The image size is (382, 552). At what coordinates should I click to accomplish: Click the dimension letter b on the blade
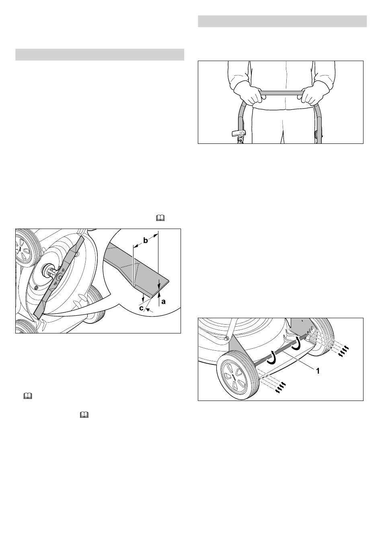pos(146,241)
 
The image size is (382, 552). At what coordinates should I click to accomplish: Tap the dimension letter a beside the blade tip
pos(163,301)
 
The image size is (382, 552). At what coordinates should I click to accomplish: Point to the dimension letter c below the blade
pos(141,308)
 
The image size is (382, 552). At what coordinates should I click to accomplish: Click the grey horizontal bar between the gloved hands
pos(281,92)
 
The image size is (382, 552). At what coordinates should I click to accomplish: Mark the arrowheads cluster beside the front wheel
pos(280,387)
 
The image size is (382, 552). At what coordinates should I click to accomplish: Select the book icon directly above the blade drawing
pos(160,218)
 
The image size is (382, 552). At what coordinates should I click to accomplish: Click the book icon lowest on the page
pos(84,415)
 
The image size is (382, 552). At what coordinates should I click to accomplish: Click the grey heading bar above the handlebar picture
pos(282,21)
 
